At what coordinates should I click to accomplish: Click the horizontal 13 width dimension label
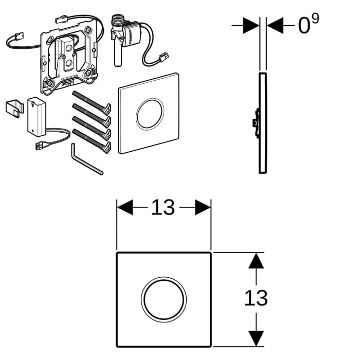point(163,208)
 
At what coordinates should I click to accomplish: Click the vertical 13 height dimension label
point(256,298)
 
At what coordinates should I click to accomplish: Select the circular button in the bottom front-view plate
point(162,299)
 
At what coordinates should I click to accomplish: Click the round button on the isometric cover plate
point(150,113)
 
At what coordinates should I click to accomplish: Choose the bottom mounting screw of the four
point(92,140)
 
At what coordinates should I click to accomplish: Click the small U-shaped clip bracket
point(14,107)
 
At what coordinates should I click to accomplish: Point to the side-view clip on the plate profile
point(255,124)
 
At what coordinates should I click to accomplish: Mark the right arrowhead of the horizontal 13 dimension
point(203,208)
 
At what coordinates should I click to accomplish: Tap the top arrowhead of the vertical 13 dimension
point(256,261)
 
